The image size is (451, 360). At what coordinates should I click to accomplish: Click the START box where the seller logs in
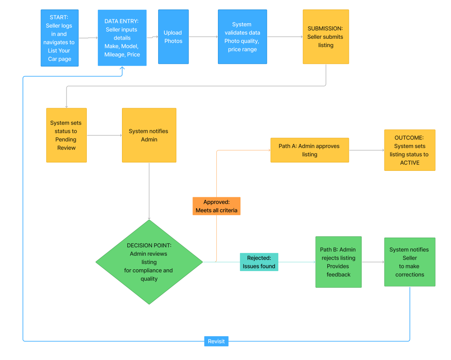click(59, 38)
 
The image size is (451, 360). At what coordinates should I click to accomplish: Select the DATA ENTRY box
click(122, 38)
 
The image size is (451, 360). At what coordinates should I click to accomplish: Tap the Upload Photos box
click(173, 37)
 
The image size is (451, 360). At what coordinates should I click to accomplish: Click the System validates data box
click(242, 37)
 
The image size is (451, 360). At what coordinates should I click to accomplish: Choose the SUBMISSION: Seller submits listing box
click(325, 37)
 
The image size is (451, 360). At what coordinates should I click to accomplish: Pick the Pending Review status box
click(67, 136)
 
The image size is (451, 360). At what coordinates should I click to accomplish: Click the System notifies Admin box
click(149, 136)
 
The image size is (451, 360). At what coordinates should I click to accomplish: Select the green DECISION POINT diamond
click(149, 262)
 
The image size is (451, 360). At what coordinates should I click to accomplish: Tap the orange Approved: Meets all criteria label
click(216, 206)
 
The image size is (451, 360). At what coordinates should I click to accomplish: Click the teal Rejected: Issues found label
click(259, 262)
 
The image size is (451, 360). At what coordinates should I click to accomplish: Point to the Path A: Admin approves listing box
click(309, 150)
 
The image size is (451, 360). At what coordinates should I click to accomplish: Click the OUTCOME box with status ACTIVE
click(410, 150)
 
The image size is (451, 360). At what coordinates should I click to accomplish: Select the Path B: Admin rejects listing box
click(338, 262)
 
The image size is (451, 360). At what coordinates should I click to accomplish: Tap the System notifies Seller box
click(409, 262)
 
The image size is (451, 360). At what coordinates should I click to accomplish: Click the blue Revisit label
click(216, 341)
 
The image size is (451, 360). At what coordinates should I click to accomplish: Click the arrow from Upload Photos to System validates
click(203, 37)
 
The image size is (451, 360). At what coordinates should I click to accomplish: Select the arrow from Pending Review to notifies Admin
click(104, 136)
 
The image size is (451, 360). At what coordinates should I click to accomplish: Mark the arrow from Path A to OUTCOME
click(366, 150)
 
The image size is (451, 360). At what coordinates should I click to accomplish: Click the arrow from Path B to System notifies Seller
click(373, 262)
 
